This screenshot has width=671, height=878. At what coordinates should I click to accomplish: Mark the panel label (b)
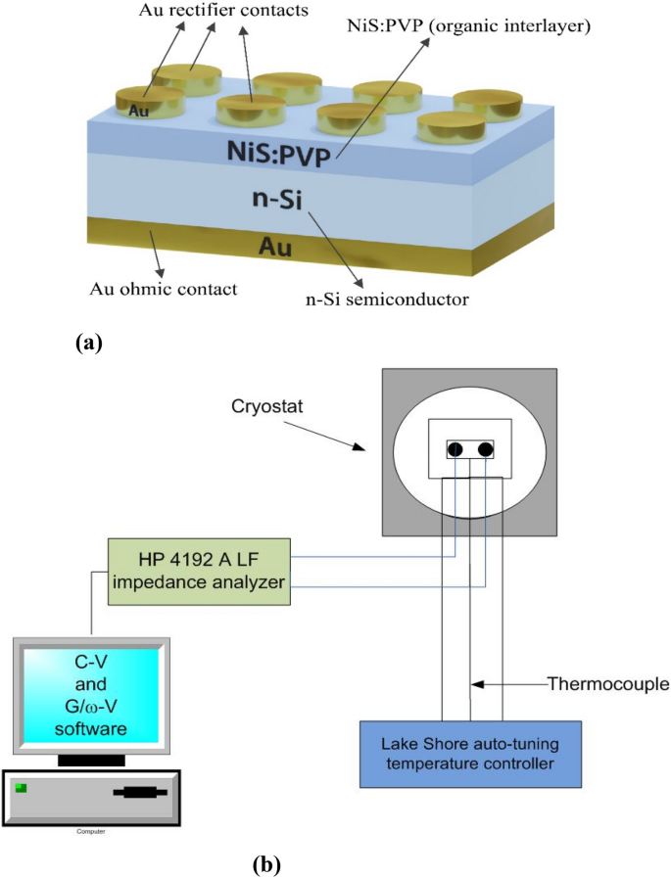point(267,863)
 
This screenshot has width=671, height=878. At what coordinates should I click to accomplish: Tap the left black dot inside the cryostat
point(455,449)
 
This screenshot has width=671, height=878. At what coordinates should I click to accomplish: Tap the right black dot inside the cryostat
point(485,449)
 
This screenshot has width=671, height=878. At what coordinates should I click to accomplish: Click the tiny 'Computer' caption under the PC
point(90,831)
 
